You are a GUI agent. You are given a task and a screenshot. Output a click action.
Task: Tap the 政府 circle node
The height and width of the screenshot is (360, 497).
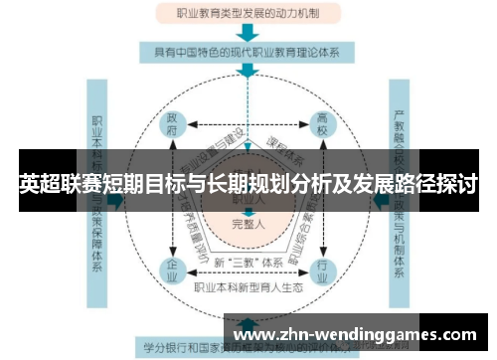(176, 124)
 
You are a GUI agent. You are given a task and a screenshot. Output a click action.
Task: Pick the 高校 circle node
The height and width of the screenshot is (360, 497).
(324, 124)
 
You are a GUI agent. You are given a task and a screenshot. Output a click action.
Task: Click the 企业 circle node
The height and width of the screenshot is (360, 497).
(176, 270)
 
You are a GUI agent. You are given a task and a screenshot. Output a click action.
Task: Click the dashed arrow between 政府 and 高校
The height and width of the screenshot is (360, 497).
(249, 124)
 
